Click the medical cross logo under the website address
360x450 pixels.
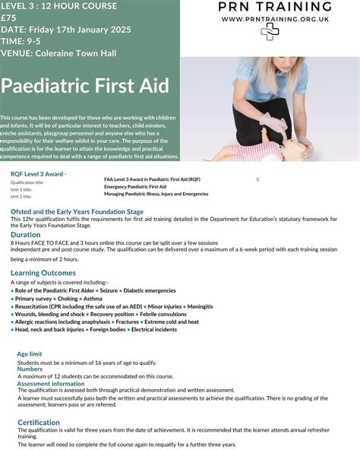pos(270,31)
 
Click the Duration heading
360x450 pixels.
pos(26,235)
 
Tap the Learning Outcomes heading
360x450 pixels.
pos(43,272)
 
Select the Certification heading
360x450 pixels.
pos(39,422)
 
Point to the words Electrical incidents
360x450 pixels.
pos(155,330)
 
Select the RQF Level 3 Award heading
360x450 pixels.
pos(38,174)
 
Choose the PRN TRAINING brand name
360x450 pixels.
pos(270,6)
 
